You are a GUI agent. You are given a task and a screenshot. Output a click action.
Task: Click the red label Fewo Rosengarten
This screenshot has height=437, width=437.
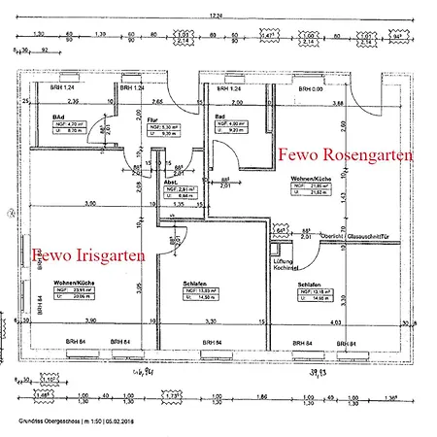click(346, 155)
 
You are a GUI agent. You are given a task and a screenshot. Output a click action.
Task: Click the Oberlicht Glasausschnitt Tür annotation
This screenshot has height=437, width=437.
click(349, 235)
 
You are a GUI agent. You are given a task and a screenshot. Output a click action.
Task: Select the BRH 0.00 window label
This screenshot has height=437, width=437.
click(313, 88)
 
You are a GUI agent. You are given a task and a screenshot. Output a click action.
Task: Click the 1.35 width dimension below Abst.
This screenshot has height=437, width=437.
click(178, 206)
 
